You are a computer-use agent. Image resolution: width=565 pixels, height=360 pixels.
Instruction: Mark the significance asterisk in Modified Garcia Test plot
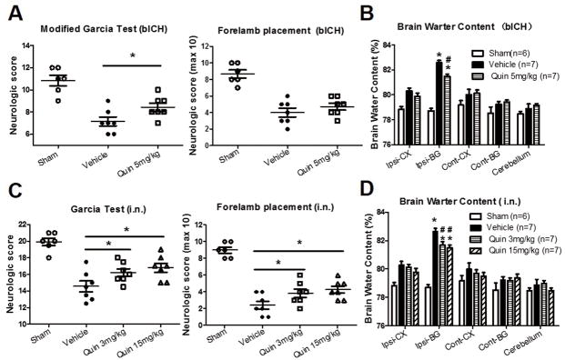tap(135, 59)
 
